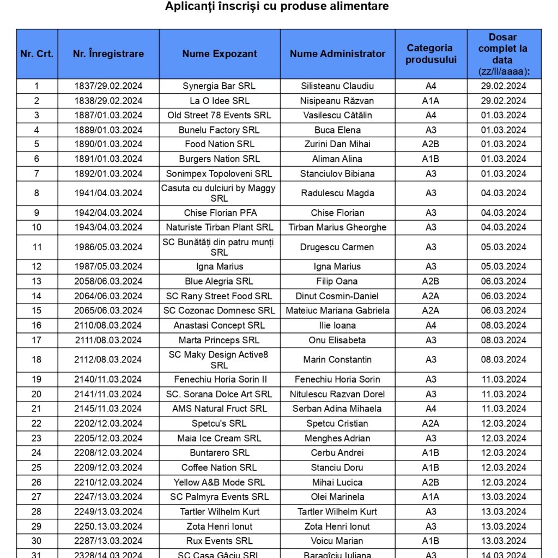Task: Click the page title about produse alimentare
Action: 277,7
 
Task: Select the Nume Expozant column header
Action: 220,54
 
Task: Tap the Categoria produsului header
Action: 430,54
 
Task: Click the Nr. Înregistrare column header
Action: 108,54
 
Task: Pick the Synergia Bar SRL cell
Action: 219,86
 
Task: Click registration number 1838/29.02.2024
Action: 108,101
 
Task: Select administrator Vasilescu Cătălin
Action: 337,116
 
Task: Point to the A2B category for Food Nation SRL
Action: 430,144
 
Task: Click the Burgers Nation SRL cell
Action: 219,159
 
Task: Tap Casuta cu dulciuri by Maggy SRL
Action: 219,193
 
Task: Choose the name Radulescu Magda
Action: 337,193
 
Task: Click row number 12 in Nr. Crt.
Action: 37,266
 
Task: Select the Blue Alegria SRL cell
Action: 219,281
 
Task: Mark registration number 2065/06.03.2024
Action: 108,311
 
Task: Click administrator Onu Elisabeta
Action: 337,340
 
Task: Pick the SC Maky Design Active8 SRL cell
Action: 219,360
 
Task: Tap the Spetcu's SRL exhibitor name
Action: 219,423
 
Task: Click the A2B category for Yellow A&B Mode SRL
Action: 430,482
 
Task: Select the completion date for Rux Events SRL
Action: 504,541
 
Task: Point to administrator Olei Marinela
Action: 337,497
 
